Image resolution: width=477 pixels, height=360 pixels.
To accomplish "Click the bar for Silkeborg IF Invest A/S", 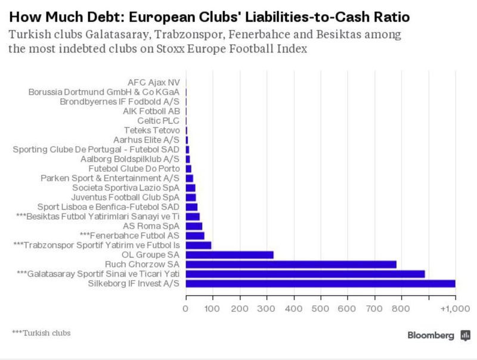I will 321,284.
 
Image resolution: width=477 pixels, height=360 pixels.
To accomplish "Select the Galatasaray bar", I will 305,274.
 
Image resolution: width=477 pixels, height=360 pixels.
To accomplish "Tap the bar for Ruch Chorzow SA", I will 291,264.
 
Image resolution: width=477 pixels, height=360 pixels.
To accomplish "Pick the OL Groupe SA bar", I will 230,255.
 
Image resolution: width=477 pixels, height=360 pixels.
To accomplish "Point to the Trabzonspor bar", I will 199,245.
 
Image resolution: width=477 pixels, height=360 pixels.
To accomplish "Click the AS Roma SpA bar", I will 194,226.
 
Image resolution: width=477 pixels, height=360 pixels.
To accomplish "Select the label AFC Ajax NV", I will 153,82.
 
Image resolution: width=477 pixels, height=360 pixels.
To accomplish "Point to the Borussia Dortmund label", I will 104,92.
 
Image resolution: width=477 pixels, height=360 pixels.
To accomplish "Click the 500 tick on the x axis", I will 321,308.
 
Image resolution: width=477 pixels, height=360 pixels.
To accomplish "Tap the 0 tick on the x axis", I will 186,308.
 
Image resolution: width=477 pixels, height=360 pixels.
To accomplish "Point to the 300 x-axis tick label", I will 267,308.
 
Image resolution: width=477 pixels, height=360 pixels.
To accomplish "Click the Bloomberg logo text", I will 430,335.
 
